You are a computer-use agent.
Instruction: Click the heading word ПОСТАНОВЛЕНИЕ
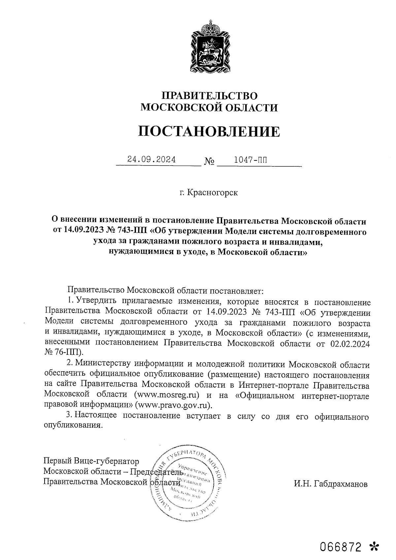click(x=209, y=131)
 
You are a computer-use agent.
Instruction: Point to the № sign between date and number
click(x=210, y=162)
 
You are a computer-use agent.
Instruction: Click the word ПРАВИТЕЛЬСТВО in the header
click(x=209, y=96)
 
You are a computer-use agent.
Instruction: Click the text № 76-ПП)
click(x=64, y=352)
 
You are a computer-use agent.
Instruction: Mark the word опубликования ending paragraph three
click(x=72, y=426)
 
